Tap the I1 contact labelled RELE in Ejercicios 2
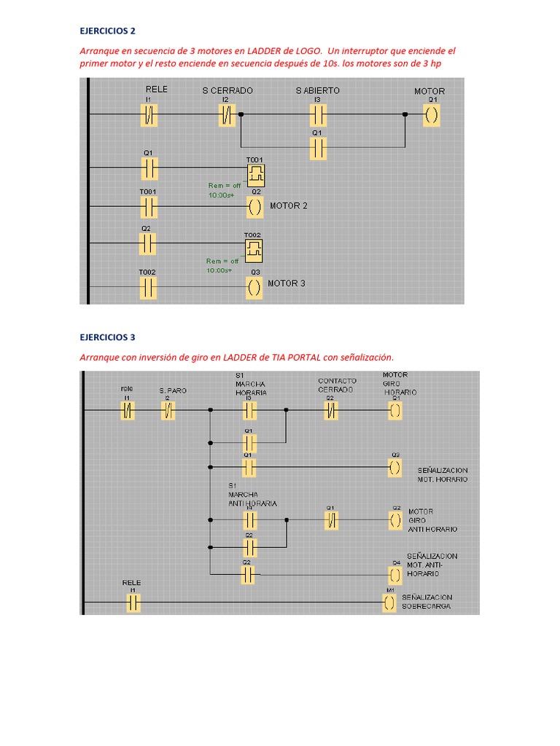[x=149, y=114]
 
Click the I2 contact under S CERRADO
[x=227, y=114]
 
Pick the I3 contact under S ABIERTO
[x=317, y=114]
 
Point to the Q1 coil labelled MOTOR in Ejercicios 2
[x=432, y=114]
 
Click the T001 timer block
[x=254, y=173]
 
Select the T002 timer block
[x=253, y=251]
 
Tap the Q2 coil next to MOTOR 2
[x=254, y=207]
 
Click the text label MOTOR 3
[x=287, y=283]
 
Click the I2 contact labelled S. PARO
[x=168, y=412]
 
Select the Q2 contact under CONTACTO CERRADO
[x=330, y=412]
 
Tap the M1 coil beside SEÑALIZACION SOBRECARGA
[x=391, y=603]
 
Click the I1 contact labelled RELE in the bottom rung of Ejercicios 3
[x=133, y=603]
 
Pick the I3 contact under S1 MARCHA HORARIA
[x=249, y=412]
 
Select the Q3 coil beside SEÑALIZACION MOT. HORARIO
[x=394, y=467]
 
